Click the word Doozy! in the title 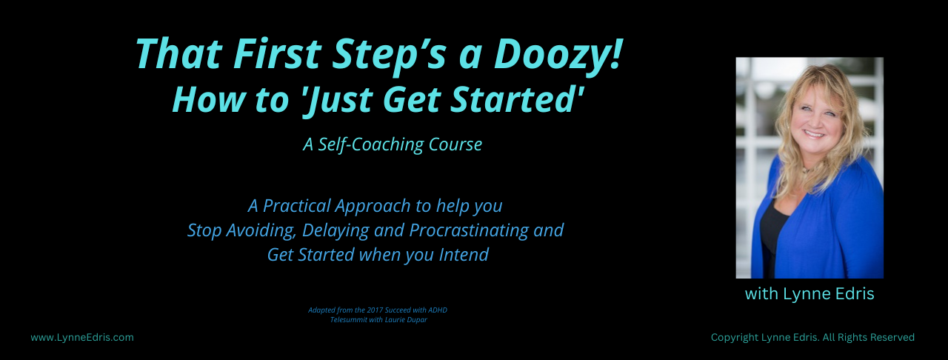click(x=558, y=55)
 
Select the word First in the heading click(x=277, y=54)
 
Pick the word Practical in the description click(x=297, y=206)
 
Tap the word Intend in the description click(x=464, y=255)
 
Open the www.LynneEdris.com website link click(x=82, y=338)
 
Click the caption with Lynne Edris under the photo click(x=810, y=294)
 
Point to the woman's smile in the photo click(x=814, y=134)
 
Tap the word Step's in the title click(x=390, y=55)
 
